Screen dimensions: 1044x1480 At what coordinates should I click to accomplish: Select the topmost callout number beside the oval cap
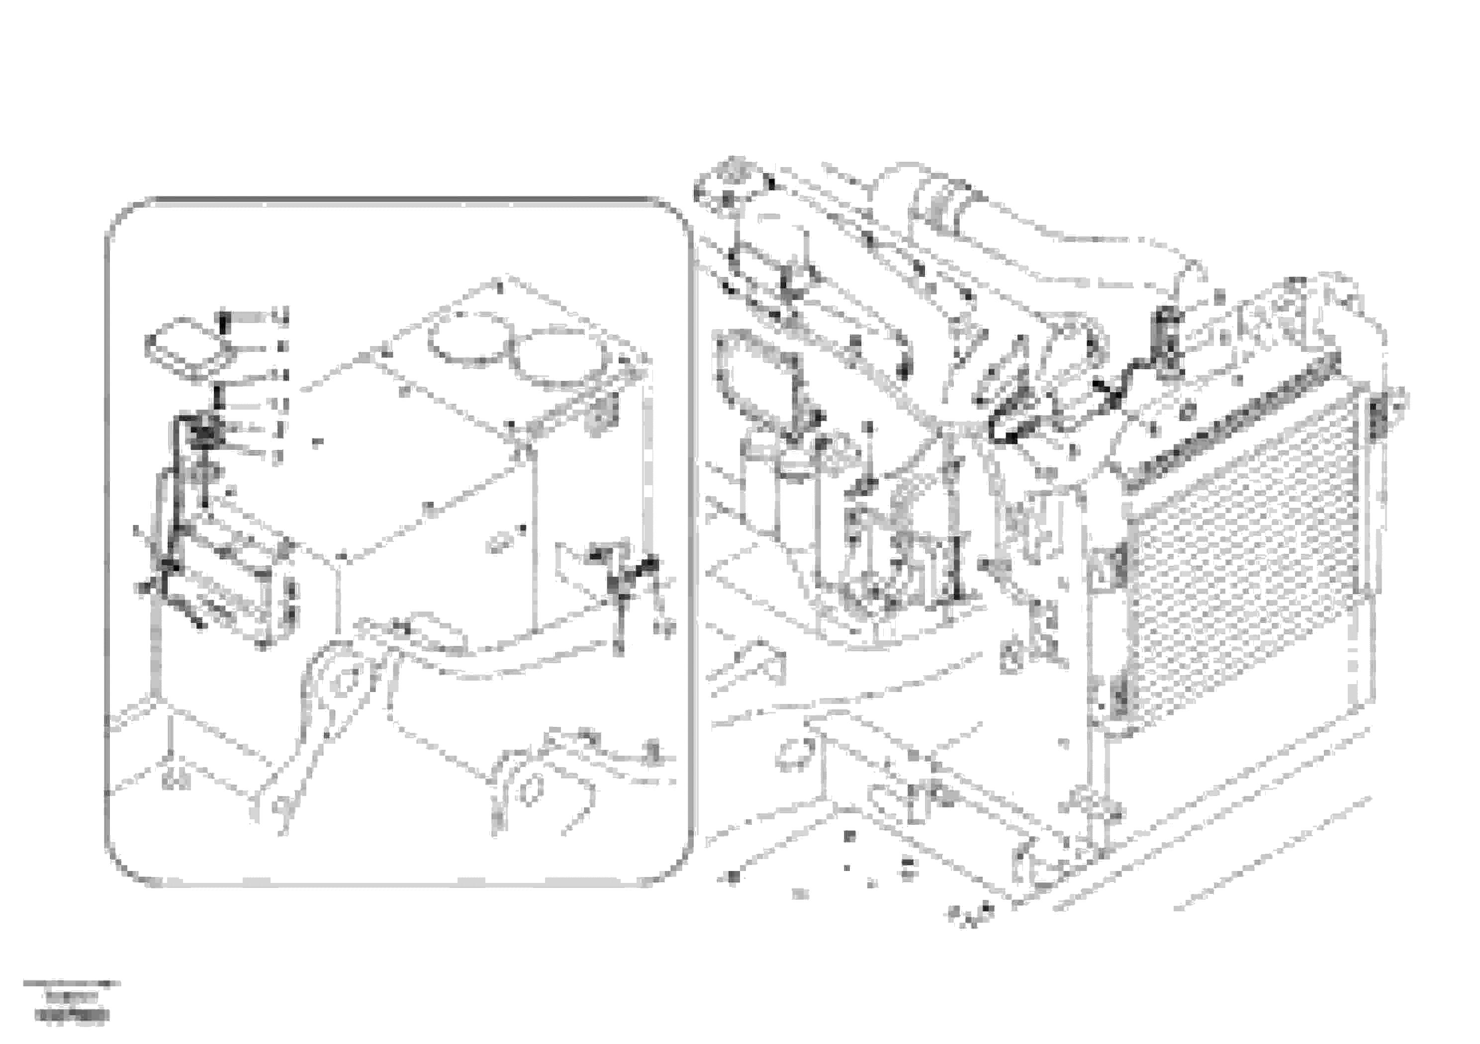click(279, 316)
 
